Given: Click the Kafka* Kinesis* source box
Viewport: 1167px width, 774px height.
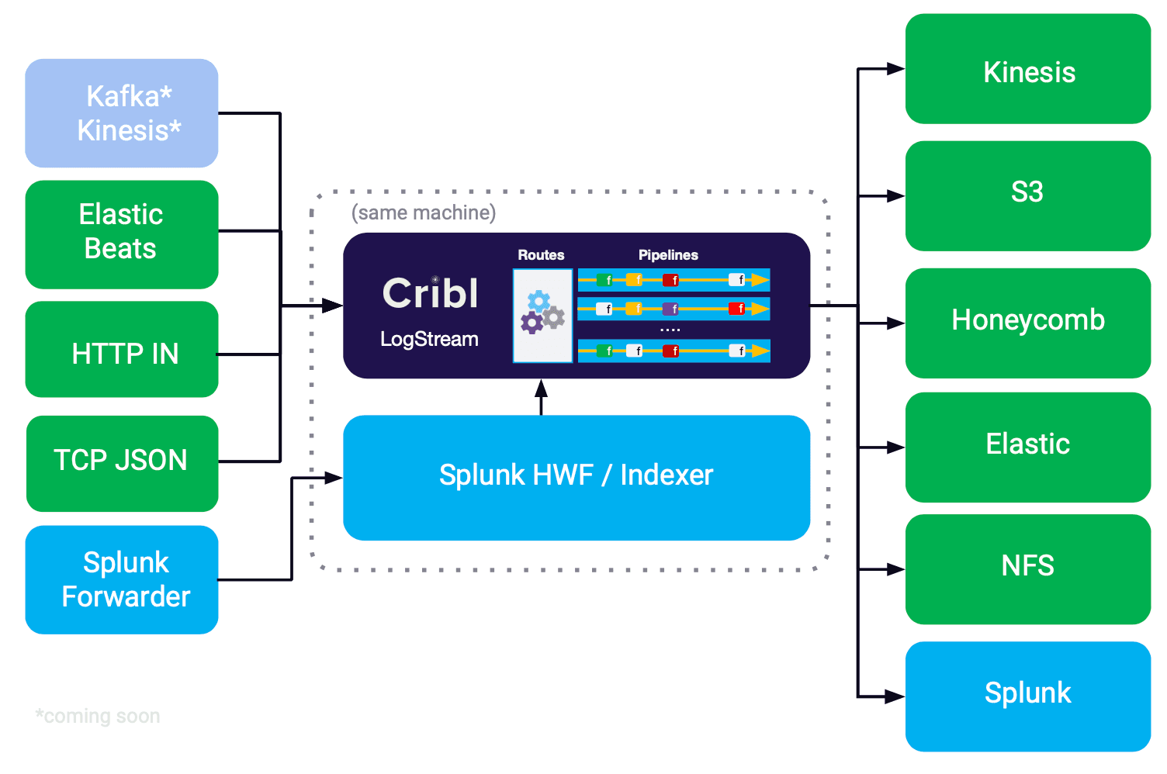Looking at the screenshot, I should coord(122,113).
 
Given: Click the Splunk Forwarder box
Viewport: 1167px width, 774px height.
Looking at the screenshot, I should coord(122,579).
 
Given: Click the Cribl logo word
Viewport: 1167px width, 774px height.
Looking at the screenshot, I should coord(431,293).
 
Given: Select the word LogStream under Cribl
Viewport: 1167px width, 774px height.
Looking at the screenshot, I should coord(429,339).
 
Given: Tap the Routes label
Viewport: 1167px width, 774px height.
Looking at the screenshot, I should coord(541,255).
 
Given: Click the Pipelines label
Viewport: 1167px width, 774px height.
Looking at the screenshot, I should coord(668,255).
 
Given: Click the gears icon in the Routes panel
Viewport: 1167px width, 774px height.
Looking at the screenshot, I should coord(542,312).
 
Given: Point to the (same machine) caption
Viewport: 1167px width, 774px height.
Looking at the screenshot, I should coord(424,213).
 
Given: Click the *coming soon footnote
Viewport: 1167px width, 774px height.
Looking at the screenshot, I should coord(98,716).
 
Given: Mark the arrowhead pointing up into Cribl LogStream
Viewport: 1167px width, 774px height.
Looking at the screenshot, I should coord(542,389).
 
